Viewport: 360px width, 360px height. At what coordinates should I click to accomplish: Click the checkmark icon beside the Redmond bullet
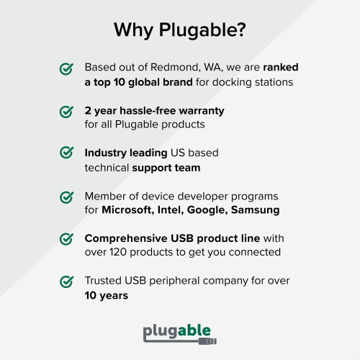[66, 69]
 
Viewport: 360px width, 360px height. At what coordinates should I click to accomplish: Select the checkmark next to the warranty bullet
[66, 112]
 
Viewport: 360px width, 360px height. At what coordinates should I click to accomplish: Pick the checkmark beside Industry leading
[66, 153]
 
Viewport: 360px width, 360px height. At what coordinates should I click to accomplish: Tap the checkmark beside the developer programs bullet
[66, 197]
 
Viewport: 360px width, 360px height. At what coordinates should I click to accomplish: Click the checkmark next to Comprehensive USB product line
[66, 239]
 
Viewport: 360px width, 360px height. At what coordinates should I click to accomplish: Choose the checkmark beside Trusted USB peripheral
[66, 281]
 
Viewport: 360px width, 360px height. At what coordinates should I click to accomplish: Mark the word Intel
[173, 210]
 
